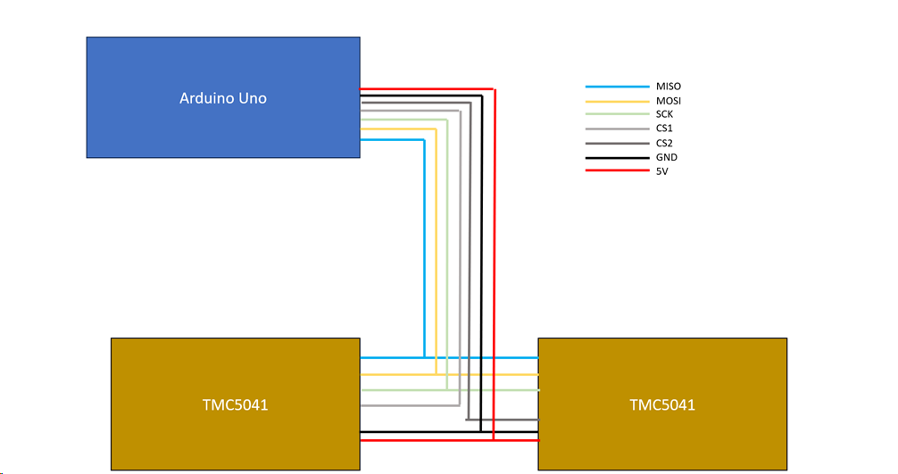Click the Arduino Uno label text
(223, 98)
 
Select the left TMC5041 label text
(235, 404)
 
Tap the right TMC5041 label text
(662, 404)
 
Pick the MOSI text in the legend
(669, 101)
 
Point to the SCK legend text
(665, 115)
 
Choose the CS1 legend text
(665, 129)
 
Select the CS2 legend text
(665, 144)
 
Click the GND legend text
(666, 158)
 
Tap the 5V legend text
(661, 171)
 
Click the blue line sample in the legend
(617, 87)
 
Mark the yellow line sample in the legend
(617, 101)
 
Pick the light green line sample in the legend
(617, 115)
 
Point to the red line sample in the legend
(617, 171)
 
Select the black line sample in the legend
(617, 158)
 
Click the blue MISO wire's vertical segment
(423, 250)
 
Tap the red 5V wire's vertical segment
(494, 268)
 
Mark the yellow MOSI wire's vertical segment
(436, 250)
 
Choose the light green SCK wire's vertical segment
(446, 250)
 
